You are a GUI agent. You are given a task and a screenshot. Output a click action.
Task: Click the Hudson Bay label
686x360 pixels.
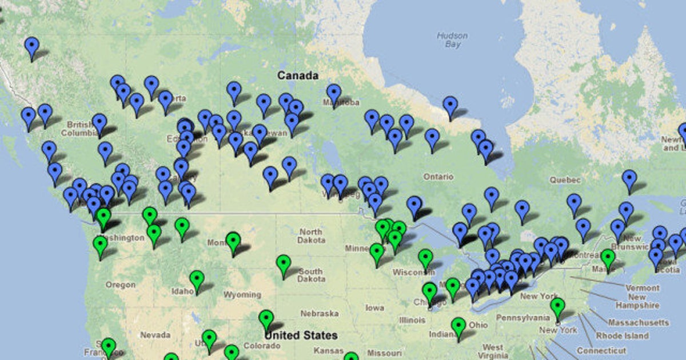[452, 39]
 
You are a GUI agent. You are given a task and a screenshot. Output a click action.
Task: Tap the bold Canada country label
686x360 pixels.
[297, 75]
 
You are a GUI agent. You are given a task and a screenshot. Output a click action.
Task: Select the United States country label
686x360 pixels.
[301, 335]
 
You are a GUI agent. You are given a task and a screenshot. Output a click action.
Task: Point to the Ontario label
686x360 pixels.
[438, 177]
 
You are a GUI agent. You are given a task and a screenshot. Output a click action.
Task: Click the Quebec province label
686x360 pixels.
[565, 179]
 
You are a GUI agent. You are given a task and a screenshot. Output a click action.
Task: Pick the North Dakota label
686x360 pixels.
[310, 236]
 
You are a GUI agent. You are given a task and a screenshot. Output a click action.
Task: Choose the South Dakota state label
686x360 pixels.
[310, 275]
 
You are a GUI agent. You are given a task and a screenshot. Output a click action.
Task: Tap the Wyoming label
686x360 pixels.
[242, 295]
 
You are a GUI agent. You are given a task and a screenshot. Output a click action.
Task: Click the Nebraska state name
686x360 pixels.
[320, 314]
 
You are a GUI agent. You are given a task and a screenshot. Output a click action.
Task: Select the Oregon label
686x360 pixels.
[120, 285]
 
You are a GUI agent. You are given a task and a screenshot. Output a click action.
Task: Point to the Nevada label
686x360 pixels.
[155, 335]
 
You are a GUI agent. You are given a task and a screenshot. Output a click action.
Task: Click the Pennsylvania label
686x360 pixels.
[523, 317]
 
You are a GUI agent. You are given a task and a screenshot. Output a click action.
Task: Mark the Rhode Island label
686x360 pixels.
[622, 336]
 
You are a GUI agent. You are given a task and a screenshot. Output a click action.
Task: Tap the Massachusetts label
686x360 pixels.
[638, 323]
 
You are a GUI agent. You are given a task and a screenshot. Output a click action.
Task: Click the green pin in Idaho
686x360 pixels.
[197, 280]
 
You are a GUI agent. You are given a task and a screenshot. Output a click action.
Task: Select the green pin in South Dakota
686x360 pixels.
[284, 264]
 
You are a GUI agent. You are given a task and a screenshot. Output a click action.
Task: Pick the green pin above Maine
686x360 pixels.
[608, 258]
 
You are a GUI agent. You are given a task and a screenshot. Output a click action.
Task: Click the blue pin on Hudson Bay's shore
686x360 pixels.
[450, 106]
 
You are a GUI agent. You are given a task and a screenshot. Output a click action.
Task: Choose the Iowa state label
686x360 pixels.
[374, 308]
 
